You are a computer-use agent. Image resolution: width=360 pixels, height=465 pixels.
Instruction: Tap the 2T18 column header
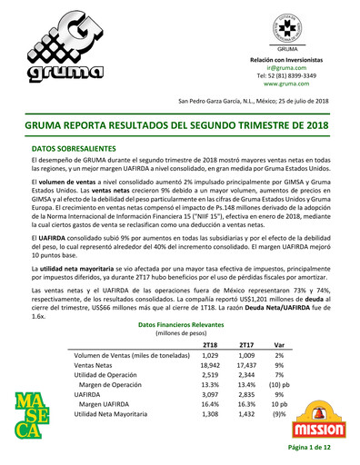pyautogui.click(x=210, y=345)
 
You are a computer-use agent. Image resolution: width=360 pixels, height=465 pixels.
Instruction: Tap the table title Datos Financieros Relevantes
pyautogui.click(x=180, y=324)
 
